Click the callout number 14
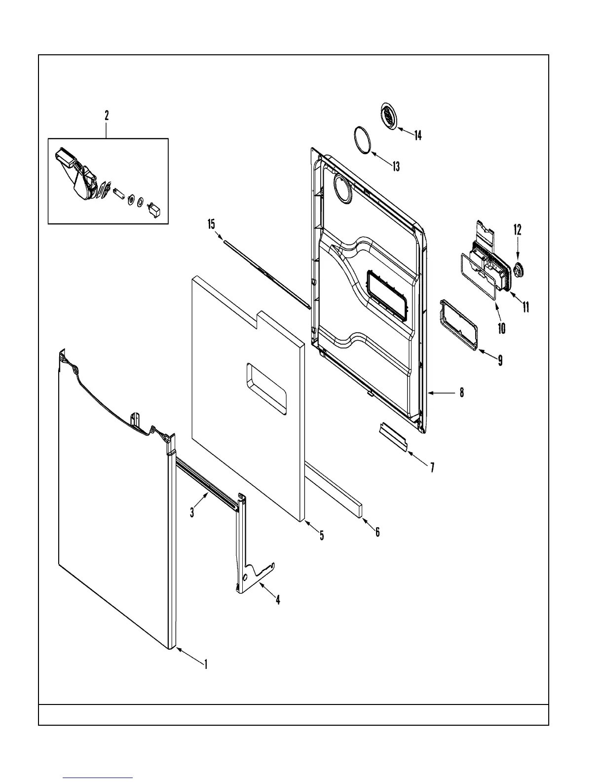[417, 135]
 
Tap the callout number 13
[396, 166]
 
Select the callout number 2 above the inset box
[107, 116]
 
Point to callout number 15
[211, 225]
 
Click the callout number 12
[517, 230]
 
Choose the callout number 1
[206, 665]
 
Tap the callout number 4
[278, 600]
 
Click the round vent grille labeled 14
[389, 117]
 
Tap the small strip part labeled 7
[392, 436]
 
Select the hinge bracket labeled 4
[246, 548]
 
